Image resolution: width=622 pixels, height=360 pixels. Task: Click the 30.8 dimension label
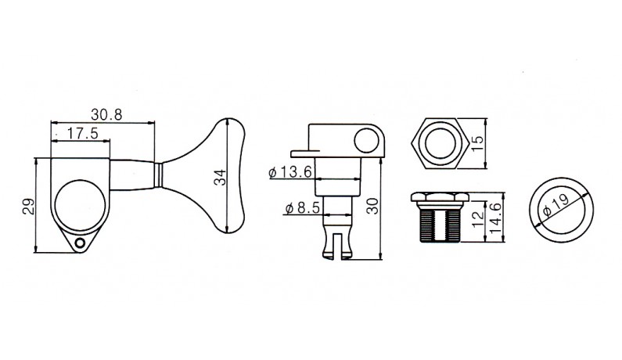coord(106,115)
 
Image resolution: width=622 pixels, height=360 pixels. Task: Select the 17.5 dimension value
coord(82,133)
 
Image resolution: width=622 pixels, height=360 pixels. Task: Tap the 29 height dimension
coord(29,207)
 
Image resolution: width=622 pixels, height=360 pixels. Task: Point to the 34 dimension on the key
coord(219,178)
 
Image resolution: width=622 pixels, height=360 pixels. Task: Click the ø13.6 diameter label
coord(290,172)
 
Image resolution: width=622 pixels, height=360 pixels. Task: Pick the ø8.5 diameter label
coord(302,208)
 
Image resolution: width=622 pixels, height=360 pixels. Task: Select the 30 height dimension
coord(372,206)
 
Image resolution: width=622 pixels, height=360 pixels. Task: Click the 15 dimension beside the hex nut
coord(477,143)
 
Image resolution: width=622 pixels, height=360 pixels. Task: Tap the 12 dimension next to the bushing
coord(478,218)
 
